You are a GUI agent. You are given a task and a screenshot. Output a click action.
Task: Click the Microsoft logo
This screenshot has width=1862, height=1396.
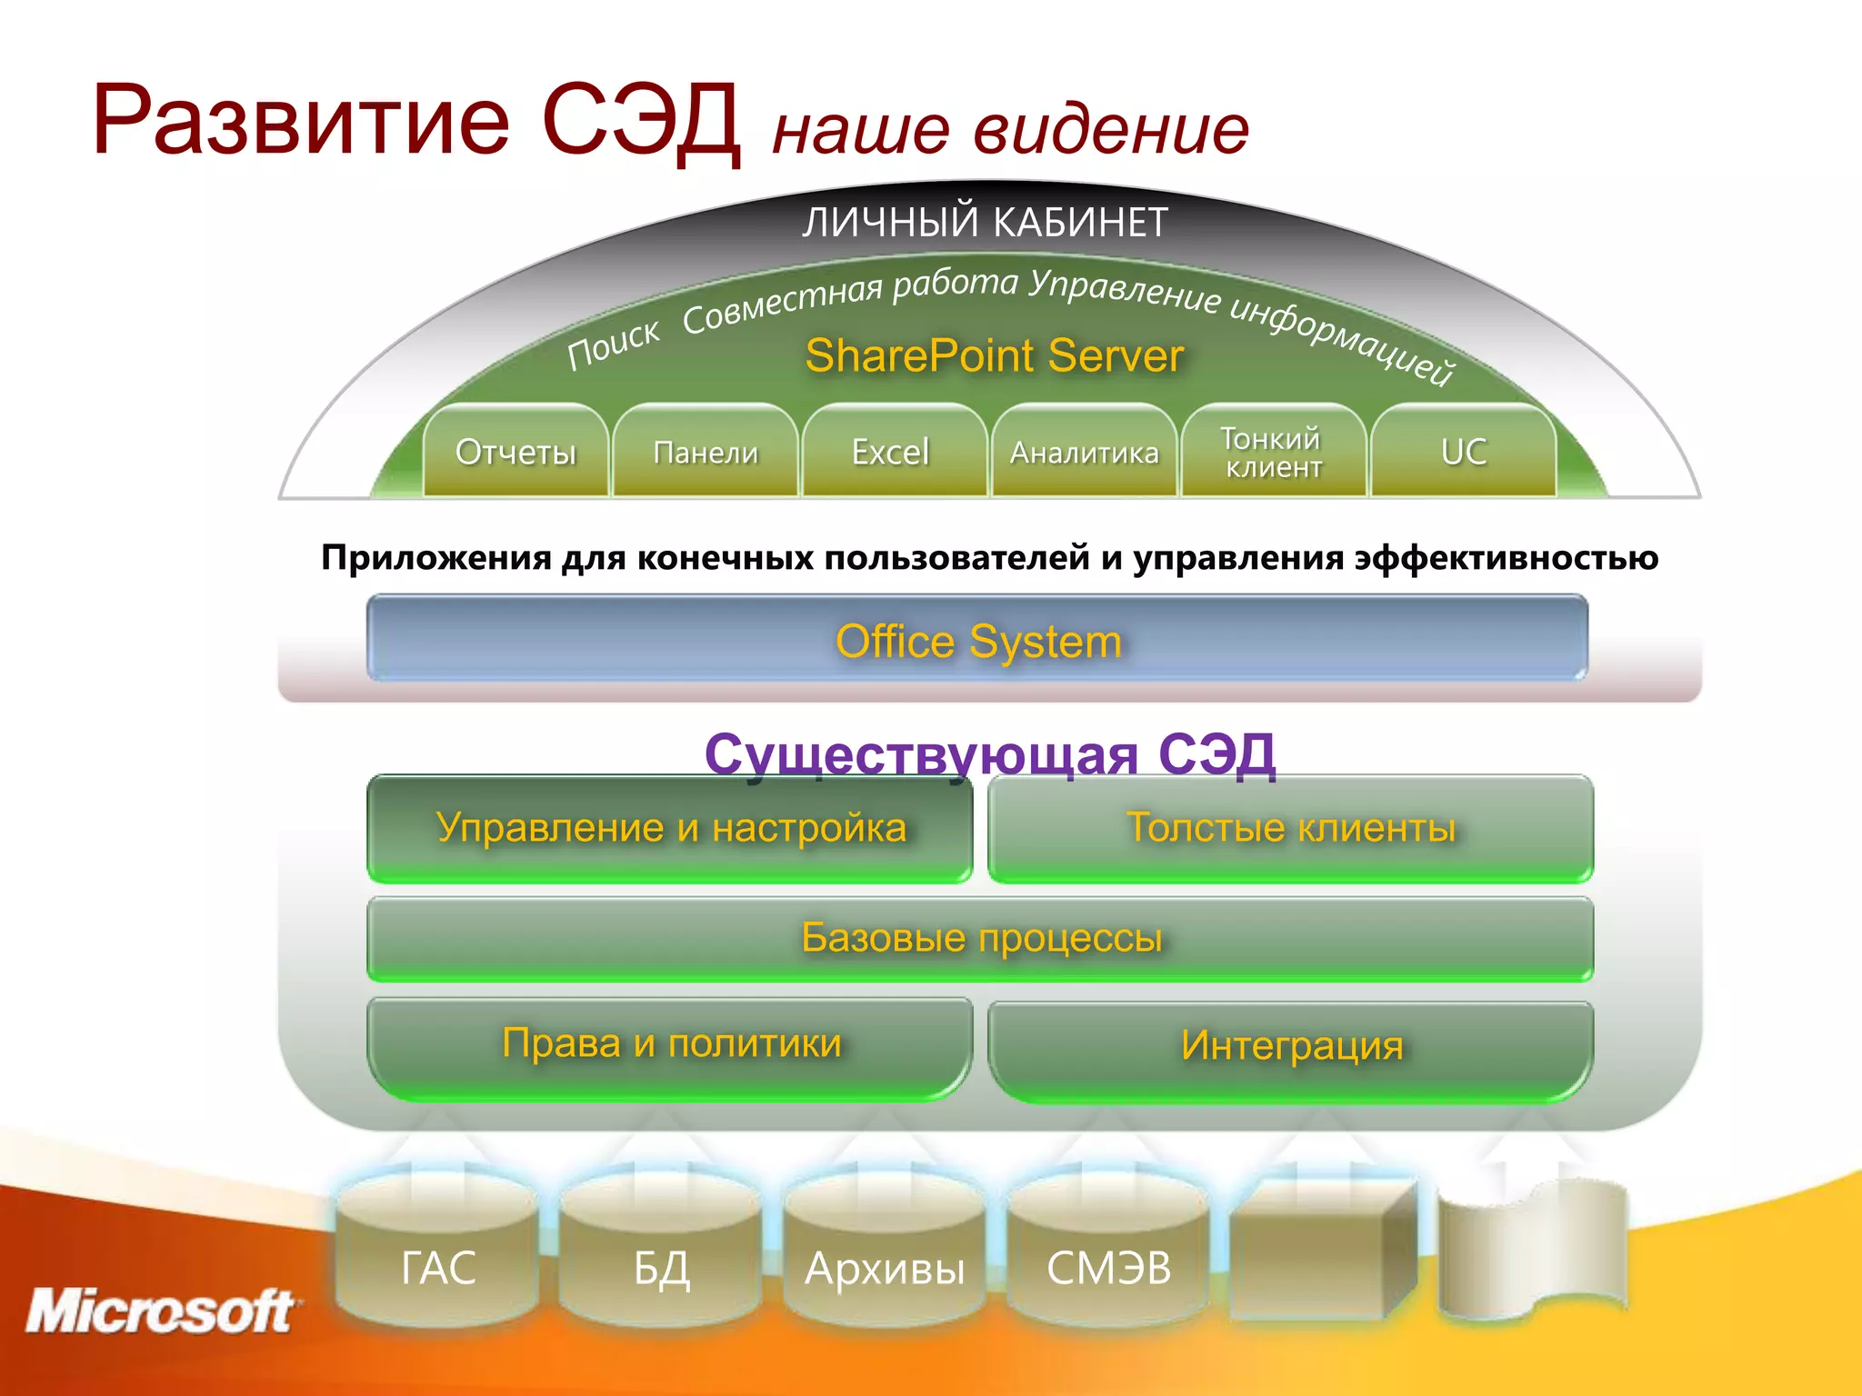[160, 1311]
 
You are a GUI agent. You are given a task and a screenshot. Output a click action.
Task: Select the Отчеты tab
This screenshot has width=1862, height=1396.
[516, 452]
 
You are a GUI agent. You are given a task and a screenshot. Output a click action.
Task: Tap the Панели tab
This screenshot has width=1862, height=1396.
[706, 452]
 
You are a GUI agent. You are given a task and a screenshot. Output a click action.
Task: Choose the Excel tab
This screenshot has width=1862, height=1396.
[891, 452]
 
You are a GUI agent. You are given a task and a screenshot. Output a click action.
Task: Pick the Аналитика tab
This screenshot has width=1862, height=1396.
[1084, 452]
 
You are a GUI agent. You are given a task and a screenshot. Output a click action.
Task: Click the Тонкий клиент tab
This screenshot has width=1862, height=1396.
[1273, 452]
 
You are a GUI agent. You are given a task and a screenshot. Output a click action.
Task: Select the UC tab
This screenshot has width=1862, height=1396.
[1464, 452]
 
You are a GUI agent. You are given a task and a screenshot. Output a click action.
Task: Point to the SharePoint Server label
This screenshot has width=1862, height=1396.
[994, 355]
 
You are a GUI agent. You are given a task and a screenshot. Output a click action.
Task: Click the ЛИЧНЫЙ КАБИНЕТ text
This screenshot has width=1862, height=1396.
[985, 223]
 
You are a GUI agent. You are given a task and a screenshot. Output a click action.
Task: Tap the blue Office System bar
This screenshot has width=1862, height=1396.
[977, 640]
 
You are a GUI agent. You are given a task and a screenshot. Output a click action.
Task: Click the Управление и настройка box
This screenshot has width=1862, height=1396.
[671, 828]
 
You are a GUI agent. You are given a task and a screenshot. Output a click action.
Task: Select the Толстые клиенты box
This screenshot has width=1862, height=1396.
[1291, 828]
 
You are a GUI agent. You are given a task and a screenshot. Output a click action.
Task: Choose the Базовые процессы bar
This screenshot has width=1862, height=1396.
[980, 938]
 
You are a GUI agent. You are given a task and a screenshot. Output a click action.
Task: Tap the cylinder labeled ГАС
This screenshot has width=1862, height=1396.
[438, 1267]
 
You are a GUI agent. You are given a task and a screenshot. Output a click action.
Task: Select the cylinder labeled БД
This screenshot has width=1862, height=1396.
[662, 1267]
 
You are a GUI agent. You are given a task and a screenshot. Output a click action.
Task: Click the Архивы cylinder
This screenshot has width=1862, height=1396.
[885, 1267]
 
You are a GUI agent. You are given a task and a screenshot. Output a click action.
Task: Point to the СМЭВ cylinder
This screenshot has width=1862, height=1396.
[1108, 1267]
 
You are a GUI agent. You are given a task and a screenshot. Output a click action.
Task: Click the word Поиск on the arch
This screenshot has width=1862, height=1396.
[614, 344]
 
